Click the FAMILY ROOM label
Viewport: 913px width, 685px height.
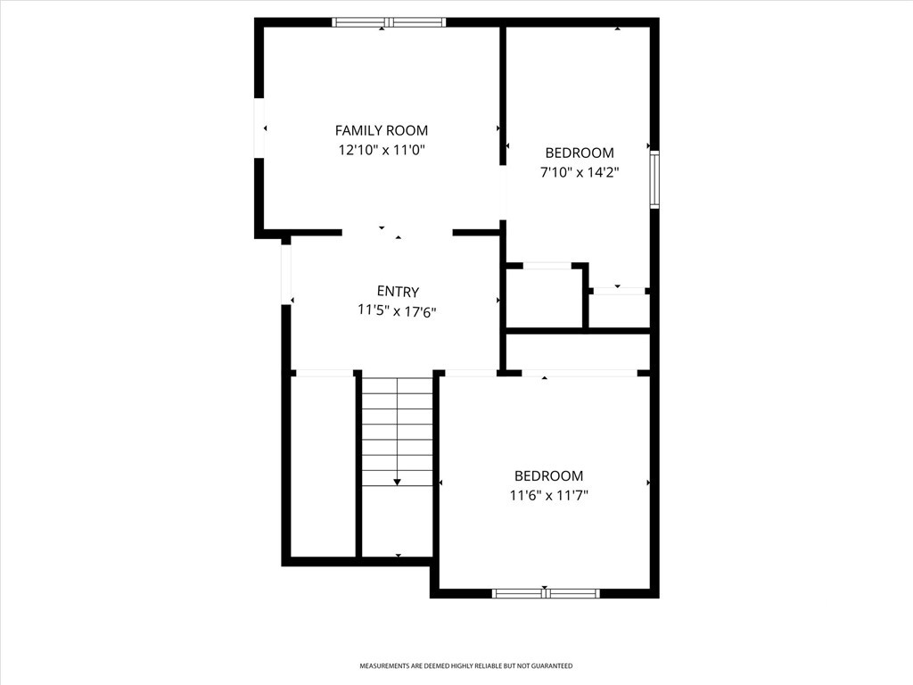point(382,130)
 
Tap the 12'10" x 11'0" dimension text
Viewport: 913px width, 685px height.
point(382,150)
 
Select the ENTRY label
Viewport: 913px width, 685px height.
point(398,292)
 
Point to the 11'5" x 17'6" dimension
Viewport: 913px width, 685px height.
point(397,311)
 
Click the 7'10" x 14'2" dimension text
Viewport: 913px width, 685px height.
point(580,172)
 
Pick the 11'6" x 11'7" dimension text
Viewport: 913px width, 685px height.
point(549,496)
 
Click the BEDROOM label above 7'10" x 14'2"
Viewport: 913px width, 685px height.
point(580,153)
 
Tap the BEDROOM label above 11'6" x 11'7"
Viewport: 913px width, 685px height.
point(548,476)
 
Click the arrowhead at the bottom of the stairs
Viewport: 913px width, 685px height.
point(397,482)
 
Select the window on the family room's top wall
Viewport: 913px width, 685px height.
point(389,22)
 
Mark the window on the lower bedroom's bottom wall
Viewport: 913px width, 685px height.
point(546,593)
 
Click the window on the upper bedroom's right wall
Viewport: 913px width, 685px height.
point(654,179)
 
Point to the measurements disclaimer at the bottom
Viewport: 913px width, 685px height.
point(465,665)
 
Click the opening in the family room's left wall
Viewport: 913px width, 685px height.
point(259,128)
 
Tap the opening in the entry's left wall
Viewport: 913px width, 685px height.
point(286,274)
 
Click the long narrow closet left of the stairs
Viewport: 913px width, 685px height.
point(323,466)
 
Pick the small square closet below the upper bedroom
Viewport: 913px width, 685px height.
point(545,298)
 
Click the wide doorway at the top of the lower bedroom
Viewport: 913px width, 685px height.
point(580,374)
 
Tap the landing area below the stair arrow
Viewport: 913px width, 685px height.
point(398,521)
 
